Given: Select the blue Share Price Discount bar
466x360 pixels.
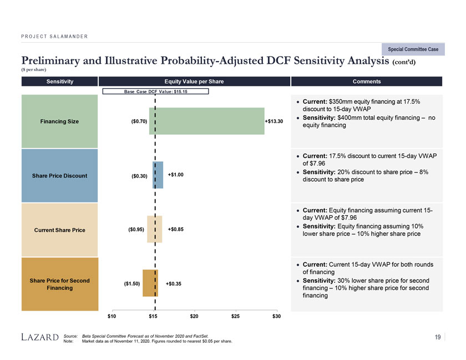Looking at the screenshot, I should (158, 175).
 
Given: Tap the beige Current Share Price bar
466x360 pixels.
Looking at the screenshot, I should (155, 229).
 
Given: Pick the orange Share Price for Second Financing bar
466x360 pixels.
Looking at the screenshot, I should (150, 283).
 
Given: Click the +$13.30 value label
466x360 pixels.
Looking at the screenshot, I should (274, 121).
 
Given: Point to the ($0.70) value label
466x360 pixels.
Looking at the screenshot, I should (139, 121).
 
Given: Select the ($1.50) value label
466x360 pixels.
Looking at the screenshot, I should (132, 284).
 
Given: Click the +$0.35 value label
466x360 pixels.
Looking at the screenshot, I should (174, 284).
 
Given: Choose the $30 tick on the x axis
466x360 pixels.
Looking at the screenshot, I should (276, 316).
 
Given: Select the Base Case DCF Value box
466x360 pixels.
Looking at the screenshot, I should (155, 91).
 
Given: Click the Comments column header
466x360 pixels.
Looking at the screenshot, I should (367, 82).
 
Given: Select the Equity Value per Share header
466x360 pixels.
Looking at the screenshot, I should (194, 82).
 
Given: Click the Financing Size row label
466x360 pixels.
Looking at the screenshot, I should (59, 121).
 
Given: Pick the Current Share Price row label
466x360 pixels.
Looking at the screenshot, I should (59, 230).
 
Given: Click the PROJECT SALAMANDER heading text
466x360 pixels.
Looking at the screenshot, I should (54, 37).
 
